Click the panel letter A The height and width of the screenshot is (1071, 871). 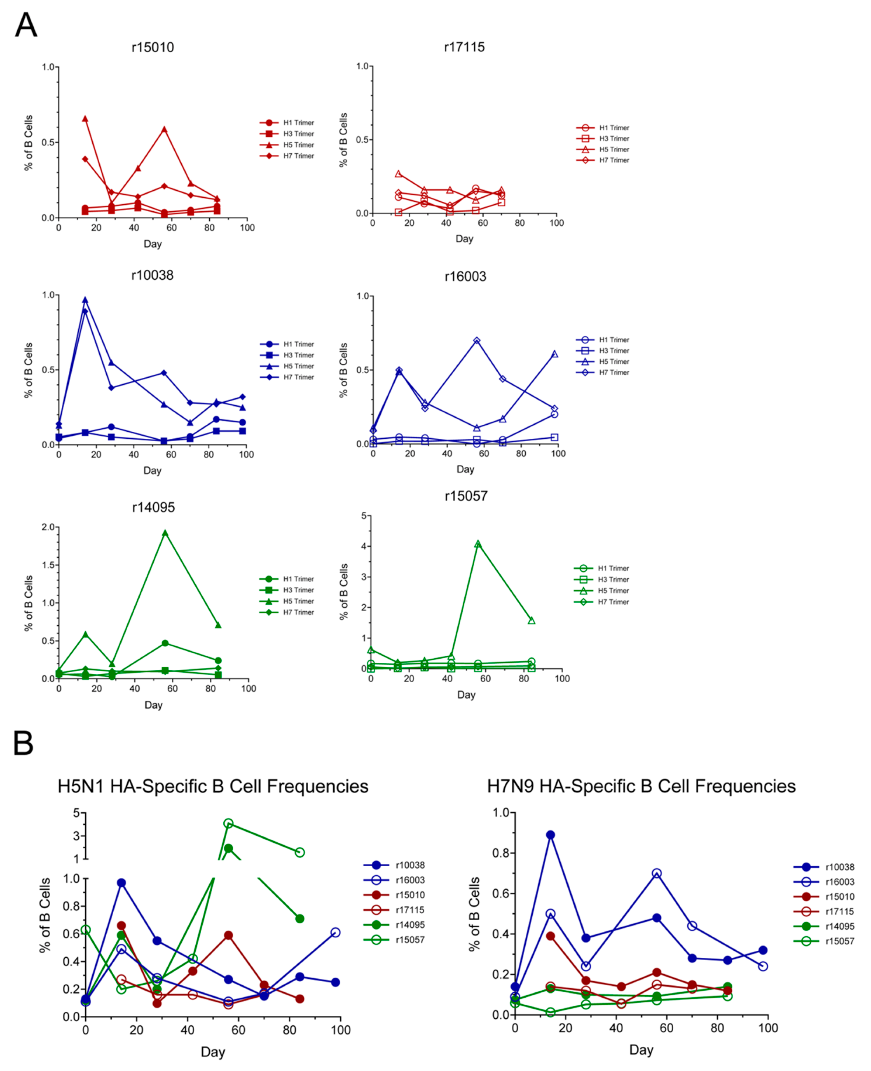coord(26,25)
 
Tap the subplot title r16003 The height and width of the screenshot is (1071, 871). coord(465,276)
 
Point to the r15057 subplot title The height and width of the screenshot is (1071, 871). coord(466,496)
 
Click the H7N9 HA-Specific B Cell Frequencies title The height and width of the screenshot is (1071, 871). coord(641,786)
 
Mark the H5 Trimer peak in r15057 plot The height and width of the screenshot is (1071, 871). coord(478,544)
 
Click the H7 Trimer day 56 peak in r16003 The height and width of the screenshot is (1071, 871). coord(477,341)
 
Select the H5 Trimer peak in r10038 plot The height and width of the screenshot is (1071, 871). coord(85,300)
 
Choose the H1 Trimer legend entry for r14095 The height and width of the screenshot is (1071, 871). coord(286,579)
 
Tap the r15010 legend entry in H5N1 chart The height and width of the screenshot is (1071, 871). coord(394,895)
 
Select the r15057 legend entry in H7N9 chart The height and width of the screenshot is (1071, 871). coord(824,941)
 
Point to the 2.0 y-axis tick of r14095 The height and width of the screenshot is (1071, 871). coord(48,527)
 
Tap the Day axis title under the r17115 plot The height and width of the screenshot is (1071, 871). coord(464,239)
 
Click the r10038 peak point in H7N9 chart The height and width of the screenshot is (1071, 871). coord(550,835)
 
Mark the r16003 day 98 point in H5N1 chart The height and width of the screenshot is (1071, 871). coord(336,933)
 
